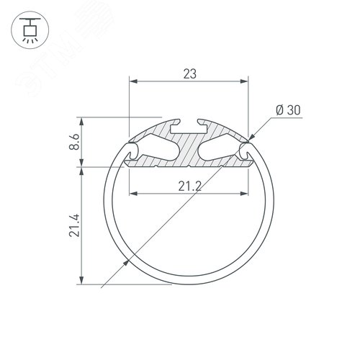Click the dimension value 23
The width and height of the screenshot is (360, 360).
[188, 73]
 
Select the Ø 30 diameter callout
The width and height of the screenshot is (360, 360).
[287, 110]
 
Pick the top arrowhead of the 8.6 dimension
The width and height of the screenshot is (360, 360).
[80, 121]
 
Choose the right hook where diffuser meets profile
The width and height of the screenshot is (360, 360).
[246, 151]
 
